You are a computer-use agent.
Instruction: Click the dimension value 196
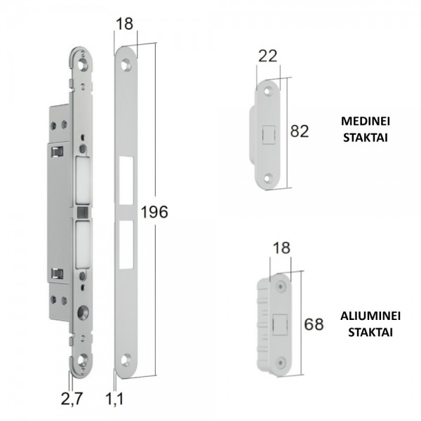pyautogui.click(x=154, y=212)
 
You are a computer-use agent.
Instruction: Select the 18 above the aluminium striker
pyautogui.click(x=280, y=248)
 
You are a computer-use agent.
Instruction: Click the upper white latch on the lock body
pyautogui.click(x=81, y=175)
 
